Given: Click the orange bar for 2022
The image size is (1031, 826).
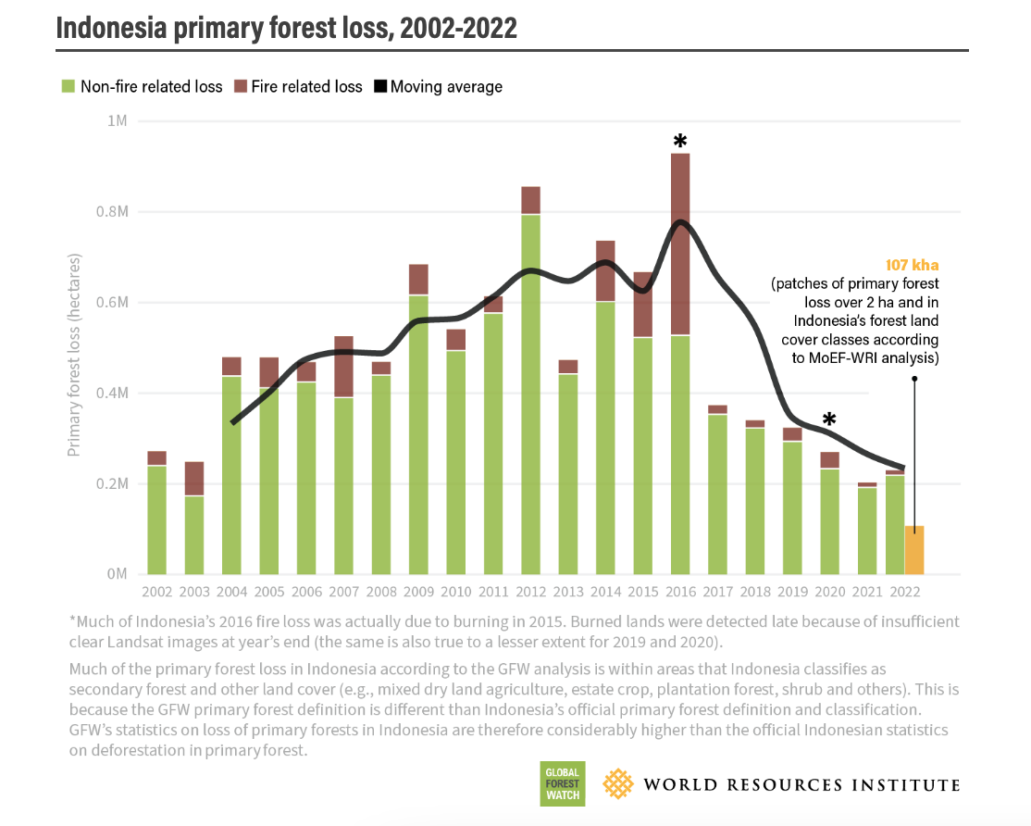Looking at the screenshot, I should click(914, 550).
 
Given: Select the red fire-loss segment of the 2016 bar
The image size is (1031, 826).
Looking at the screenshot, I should click(680, 244).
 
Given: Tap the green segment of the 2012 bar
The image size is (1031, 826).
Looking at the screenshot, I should click(530, 394).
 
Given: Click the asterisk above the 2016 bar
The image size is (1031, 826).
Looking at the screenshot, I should click(680, 141).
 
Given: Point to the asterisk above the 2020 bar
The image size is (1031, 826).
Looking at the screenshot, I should click(829, 419).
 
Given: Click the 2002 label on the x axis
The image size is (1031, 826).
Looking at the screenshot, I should click(156, 590).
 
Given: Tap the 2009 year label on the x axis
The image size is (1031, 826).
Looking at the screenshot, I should click(418, 590).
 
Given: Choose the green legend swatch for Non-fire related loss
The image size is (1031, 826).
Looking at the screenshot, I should click(68, 87).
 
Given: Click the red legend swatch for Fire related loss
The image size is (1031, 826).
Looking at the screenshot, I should click(241, 87).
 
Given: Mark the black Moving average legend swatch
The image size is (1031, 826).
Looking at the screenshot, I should click(379, 87).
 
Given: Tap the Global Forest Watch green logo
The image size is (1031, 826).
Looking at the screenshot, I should click(563, 784).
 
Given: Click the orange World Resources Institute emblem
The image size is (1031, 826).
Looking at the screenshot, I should click(618, 784).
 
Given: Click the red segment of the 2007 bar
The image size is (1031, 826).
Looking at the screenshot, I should click(343, 366).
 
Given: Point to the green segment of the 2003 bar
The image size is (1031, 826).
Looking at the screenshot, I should click(193, 535).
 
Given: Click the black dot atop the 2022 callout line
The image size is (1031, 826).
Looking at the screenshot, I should click(914, 378).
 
